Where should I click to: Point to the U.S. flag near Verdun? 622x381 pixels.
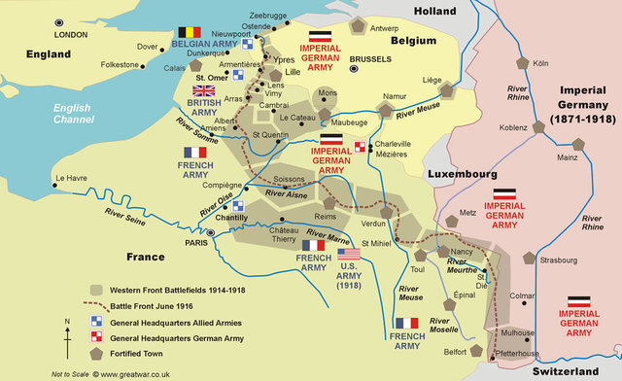349,254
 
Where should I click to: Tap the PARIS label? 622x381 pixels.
198,244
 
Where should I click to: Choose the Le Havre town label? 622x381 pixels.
72,179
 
